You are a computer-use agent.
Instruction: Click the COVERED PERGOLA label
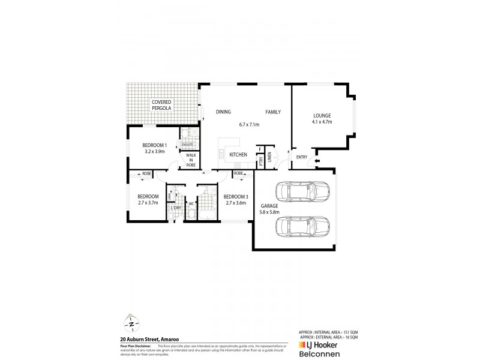click(161, 106)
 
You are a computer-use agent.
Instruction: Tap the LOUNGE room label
click(322, 115)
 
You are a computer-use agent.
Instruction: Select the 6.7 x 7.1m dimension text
click(248, 124)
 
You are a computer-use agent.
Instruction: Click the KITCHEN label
click(238, 155)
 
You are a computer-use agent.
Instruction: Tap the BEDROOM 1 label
click(154, 145)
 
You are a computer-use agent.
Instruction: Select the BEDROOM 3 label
click(235, 196)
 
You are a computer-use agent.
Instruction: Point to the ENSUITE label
click(187, 145)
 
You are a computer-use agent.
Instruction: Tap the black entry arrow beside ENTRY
click(317, 161)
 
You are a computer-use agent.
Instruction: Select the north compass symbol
click(131, 323)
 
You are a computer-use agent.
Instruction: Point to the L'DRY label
click(175, 208)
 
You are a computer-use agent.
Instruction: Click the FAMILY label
click(274, 112)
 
